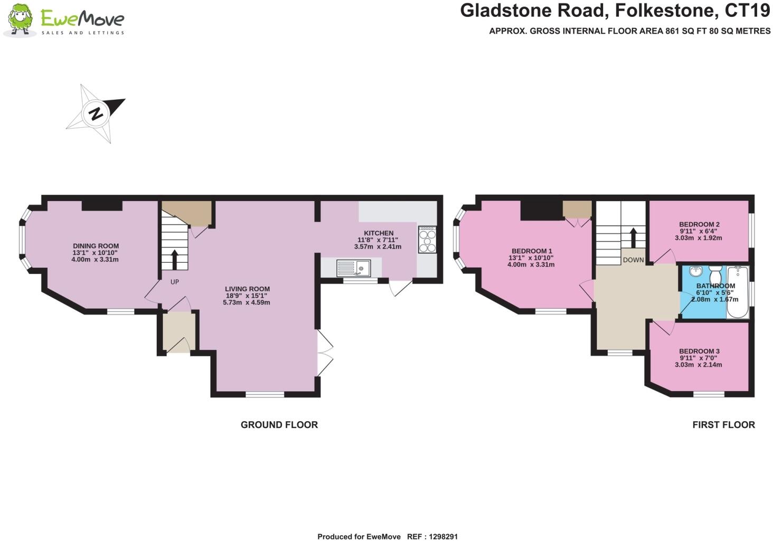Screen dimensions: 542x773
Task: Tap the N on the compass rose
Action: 96,113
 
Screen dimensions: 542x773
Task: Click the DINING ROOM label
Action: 96,246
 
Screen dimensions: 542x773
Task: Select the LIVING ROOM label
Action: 247,289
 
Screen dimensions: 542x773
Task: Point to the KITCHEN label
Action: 379,233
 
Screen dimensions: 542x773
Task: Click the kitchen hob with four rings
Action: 427,240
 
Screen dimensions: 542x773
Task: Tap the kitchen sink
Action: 353,268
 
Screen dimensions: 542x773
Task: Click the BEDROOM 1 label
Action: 532,251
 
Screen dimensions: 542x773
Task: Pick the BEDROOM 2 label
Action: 699,224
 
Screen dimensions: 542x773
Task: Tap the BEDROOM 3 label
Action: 699,351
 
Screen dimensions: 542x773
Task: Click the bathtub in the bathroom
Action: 738,292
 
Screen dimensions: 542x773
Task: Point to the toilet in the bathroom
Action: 715,274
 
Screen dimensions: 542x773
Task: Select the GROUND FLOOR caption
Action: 279,425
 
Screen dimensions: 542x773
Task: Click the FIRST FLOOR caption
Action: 723,425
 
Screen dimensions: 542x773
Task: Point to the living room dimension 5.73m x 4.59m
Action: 247,302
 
